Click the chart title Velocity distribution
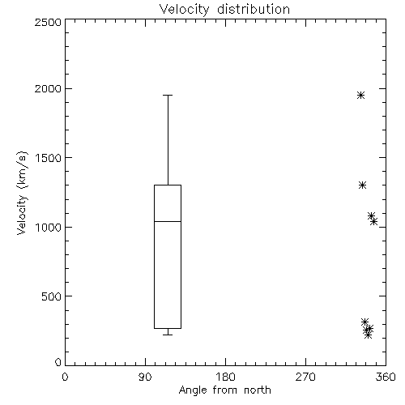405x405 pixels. click(224, 9)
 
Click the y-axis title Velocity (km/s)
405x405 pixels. click(22, 193)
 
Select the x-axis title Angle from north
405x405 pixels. click(225, 390)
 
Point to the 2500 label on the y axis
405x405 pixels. click(48, 22)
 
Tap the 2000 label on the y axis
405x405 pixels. click(48, 88)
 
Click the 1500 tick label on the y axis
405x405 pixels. click(49, 158)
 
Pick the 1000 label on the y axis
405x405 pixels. click(49, 227)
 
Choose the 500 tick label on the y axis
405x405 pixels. click(52, 296)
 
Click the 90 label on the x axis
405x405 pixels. click(145, 377)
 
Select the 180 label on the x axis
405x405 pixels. click(225, 377)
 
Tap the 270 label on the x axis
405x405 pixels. click(305, 377)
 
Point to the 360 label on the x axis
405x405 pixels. click(386, 377)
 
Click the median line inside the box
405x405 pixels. click(168, 221)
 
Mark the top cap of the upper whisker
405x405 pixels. click(168, 95)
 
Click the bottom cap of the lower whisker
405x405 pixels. click(168, 335)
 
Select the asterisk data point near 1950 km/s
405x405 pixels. click(360, 95)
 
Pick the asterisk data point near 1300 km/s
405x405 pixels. click(362, 185)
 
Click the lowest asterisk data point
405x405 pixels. click(368, 335)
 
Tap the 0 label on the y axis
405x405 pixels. click(58, 362)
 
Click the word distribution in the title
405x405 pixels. click(254, 9)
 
